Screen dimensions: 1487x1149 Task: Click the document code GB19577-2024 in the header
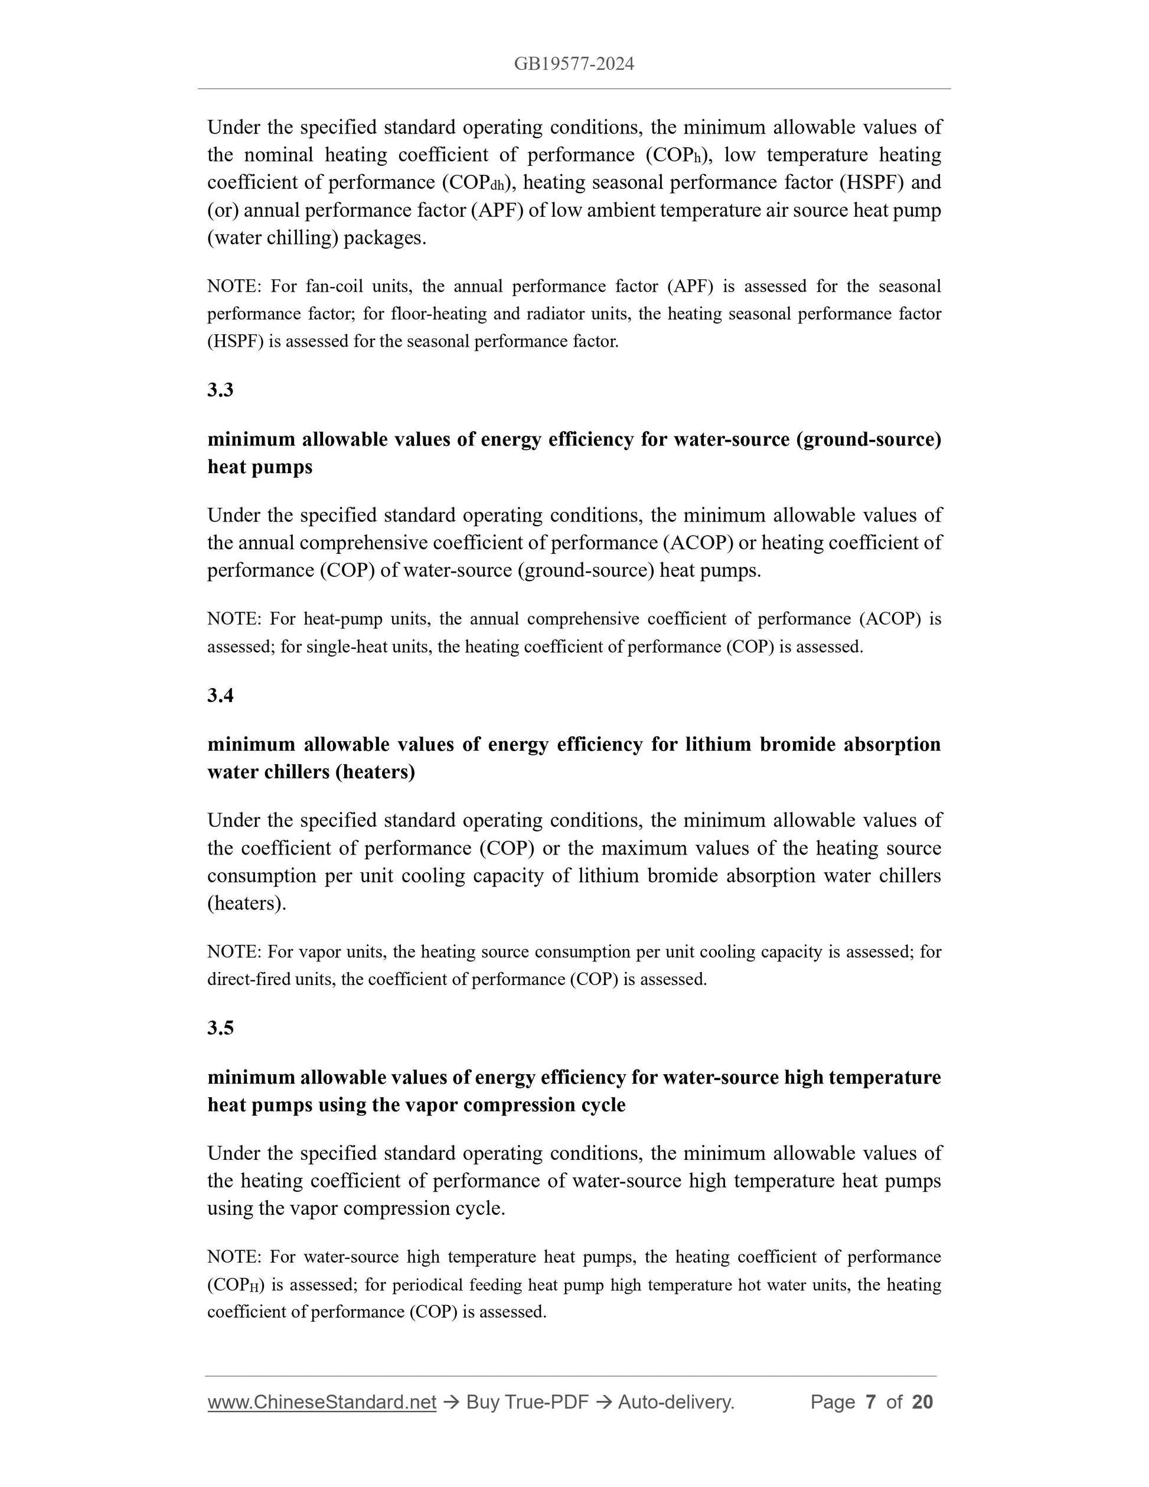574,64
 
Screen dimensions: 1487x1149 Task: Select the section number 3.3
221,390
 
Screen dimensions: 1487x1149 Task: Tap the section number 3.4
221,695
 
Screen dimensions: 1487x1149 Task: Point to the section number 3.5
221,1028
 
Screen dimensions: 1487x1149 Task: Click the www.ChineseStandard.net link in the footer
321,1402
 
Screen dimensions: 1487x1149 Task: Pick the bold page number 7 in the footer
870,1402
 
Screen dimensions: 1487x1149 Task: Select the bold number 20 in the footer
922,1402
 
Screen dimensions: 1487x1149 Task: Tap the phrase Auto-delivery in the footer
675,1402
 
